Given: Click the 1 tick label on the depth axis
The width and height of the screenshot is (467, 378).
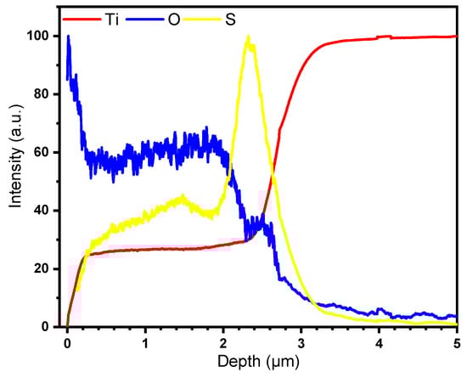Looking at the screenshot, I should [x=145, y=341].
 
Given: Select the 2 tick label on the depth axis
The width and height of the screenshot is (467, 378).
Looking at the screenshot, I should [x=223, y=341].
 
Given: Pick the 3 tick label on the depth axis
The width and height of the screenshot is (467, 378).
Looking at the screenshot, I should [x=301, y=341].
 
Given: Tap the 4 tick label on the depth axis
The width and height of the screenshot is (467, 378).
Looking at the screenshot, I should [x=379, y=341].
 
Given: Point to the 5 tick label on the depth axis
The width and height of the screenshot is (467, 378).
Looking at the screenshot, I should [x=456, y=341].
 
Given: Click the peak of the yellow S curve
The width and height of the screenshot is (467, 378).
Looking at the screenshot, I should [x=247, y=37].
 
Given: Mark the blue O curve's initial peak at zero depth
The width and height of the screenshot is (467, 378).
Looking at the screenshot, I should [x=68, y=37].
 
